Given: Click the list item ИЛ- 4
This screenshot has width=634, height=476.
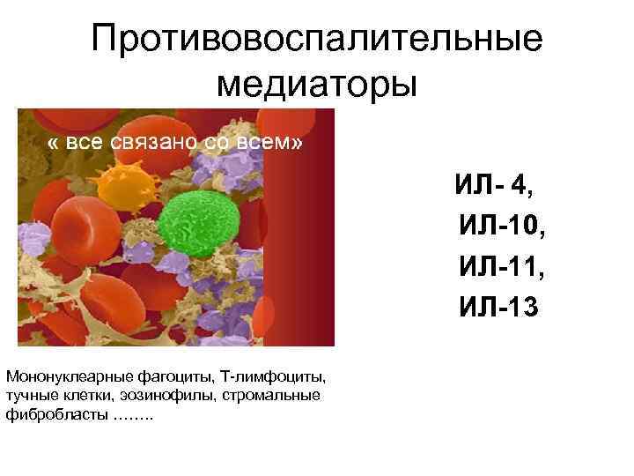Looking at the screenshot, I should click(x=493, y=186).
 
